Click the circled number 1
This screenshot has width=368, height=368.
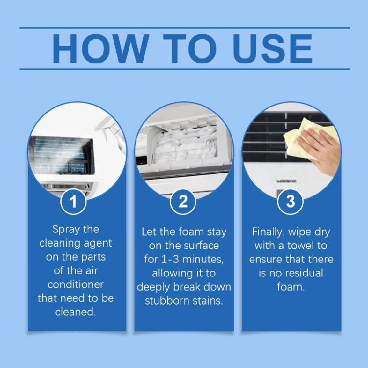tap(74, 202)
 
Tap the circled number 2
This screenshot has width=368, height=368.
tap(183, 202)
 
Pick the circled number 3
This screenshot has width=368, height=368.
tap(291, 202)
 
